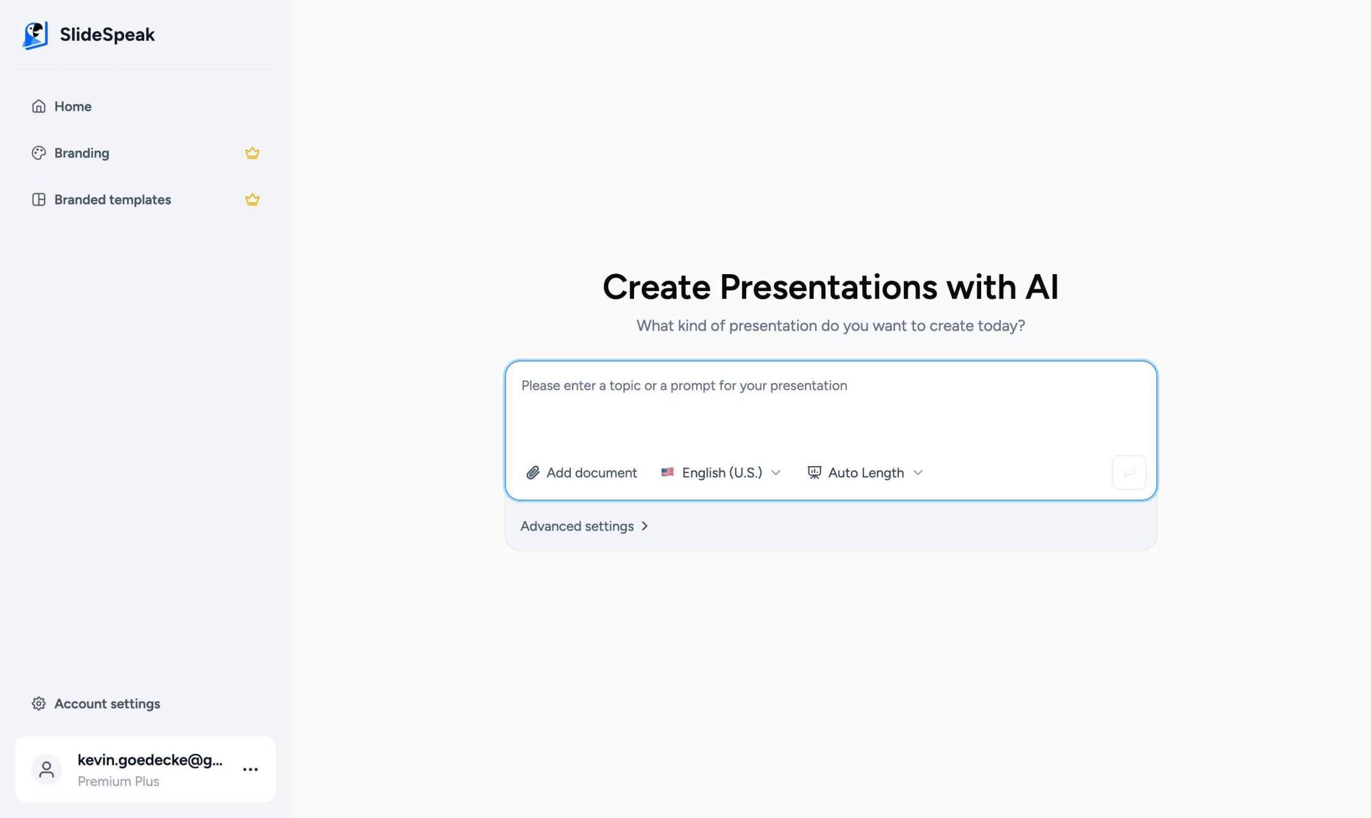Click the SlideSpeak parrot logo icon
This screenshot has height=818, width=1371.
pos(35,35)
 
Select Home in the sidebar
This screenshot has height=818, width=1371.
pos(72,107)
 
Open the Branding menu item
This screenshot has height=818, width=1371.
pos(81,153)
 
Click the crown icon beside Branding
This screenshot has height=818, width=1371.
pos(252,153)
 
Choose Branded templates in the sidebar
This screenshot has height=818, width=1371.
pos(112,200)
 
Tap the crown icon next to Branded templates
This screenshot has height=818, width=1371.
pos(252,200)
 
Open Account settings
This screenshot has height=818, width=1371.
pos(107,704)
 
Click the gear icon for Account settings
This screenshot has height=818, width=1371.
pos(39,704)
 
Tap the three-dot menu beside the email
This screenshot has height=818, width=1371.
pos(250,769)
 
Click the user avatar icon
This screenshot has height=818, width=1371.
pos(47,769)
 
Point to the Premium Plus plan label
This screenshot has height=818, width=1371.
pos(118,782)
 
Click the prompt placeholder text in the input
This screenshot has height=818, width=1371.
pos(683,386)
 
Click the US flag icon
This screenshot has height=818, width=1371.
pos(667,472)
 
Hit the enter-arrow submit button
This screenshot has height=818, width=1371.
pos(1128,472)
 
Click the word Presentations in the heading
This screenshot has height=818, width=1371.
pos(828,287)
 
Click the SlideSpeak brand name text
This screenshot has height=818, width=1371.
pos(107,35)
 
